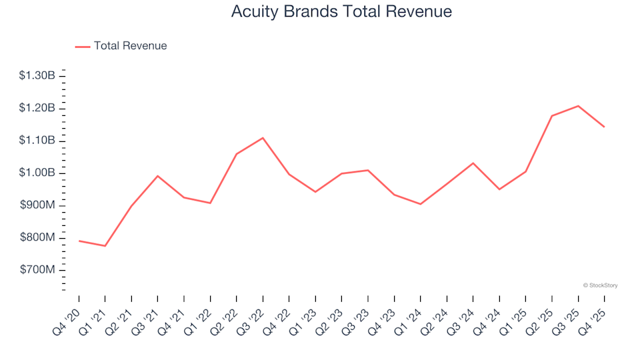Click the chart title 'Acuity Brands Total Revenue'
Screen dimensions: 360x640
341,12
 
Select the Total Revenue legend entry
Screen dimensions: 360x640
121,46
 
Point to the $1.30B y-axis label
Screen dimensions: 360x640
37,76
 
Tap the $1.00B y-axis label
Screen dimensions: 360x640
37,173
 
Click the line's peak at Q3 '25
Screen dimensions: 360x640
578,105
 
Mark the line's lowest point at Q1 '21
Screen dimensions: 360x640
105,246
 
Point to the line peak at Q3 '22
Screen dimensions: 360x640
263,138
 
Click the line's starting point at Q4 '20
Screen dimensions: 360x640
79,241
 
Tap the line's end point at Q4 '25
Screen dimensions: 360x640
604,127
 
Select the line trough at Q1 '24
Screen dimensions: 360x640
420,204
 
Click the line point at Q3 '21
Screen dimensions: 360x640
157,176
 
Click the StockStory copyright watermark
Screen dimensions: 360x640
600,285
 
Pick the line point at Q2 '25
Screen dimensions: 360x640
552,116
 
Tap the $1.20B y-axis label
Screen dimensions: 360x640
37,109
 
